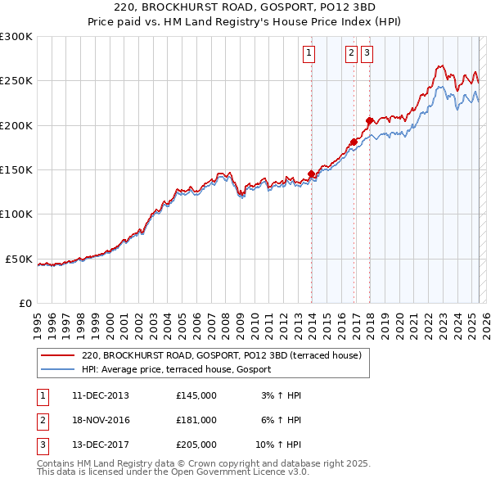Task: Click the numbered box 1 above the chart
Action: click(309, 54)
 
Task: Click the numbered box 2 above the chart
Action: click(351, 54)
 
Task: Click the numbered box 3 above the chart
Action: click(367, 54)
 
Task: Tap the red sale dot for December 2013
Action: click(312, 174)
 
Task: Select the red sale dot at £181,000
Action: click(354, 142)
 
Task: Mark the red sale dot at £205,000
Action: click(370, 120)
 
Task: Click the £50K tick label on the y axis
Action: click(20, 259)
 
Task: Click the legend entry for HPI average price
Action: click(181, 370)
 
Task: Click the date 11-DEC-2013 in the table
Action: click(101, 395)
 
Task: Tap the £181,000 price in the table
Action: click(196, 421)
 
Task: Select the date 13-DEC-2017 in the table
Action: click(101, 445)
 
